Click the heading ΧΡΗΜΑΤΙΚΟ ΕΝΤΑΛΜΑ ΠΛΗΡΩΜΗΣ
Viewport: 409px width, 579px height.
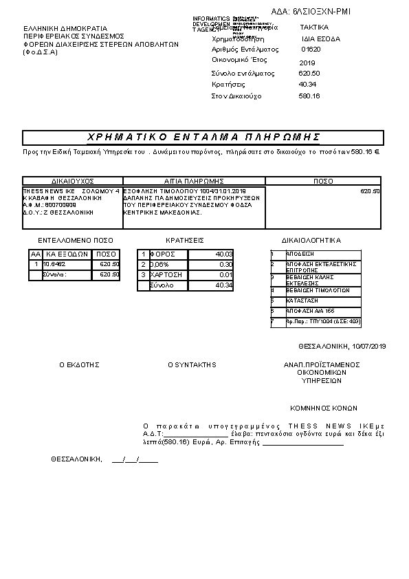pos(205,137)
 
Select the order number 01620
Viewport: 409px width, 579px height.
pos(311,50)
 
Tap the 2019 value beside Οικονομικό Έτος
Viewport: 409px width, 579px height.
pos(307,63)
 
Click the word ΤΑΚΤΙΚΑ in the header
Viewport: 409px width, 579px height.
pos(314,27)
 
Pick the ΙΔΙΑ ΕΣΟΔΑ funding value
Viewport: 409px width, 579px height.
pos(320,39)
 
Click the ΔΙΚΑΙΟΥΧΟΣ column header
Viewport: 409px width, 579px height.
pos(72,182)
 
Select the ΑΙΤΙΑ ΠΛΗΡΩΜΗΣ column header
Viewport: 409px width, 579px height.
pos(194,182)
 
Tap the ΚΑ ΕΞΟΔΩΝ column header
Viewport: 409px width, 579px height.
pos(66,254)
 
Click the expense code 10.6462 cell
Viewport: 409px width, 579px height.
pos(55,264)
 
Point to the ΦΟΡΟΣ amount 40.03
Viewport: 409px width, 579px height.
pos(224,254)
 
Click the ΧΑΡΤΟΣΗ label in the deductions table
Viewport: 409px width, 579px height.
pos(166,274)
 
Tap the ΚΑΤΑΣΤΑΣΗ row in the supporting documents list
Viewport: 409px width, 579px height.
pos(302,301)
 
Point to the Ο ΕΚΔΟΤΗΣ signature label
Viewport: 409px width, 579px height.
pos(79,364)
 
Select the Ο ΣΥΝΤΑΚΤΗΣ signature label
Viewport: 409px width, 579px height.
pos(192,364)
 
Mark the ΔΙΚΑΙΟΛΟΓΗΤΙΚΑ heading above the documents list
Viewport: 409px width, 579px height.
pos(311,241)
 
